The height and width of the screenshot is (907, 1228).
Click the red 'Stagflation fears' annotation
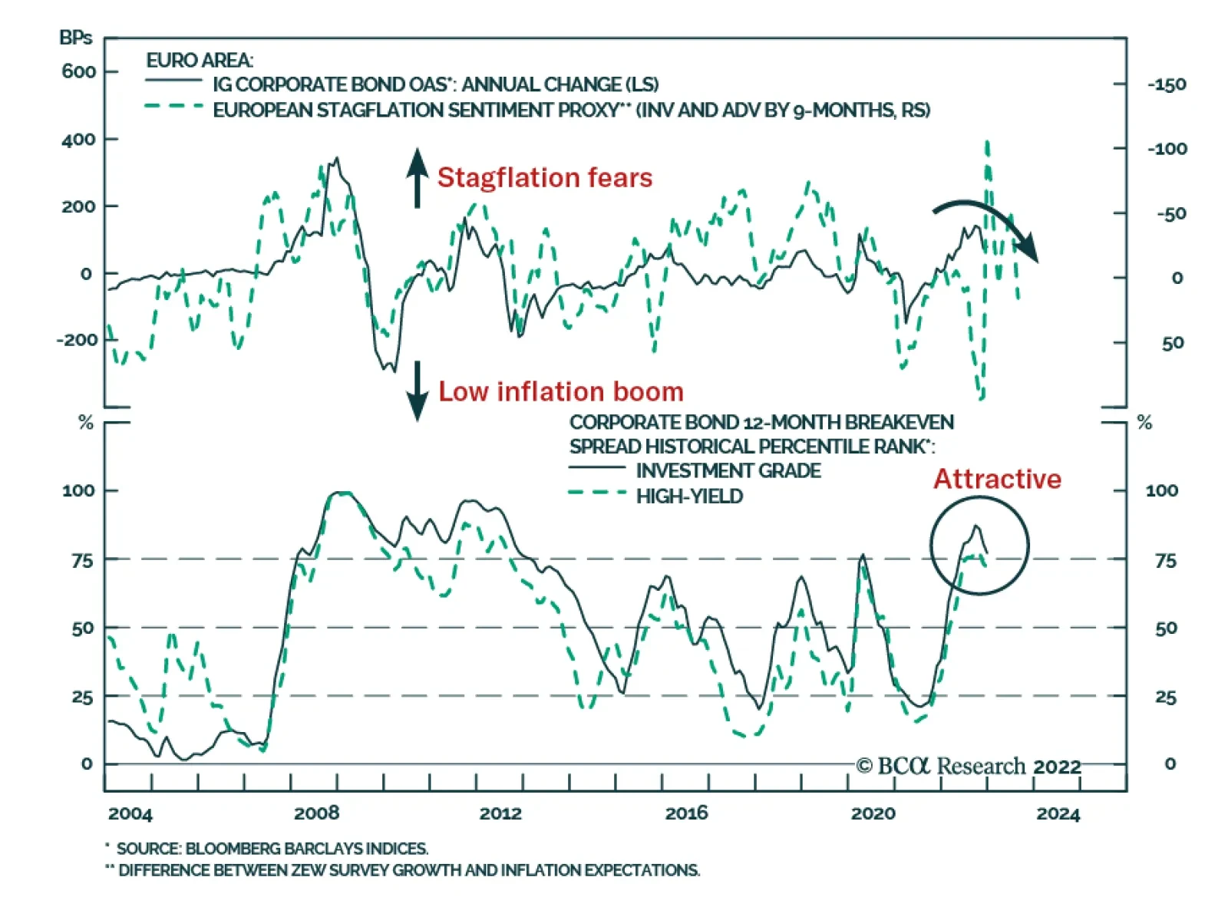pyautogui.click(x=544, y=177)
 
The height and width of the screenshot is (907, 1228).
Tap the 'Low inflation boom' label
pyautogui.click(x=560, y=391)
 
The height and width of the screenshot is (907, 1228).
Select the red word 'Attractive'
pyautogui.click(x=996, y=479)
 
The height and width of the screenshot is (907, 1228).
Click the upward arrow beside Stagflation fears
pyautogui.click(x=417, y=177)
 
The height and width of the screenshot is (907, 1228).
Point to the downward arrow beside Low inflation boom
pyautogui.click(x=417, y=391)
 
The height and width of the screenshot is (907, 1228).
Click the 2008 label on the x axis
pyautogui.click(x=316, y=813)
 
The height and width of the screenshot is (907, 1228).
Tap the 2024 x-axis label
pyautogui.click(x=1058, y=813)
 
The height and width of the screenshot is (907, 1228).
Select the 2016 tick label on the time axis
pyautogui.click(x=686, y=813)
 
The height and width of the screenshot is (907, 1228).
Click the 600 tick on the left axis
pyautogui.click(x=79, y=71)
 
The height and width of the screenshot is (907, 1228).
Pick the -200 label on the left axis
pyautogui.click(x=77, y=340)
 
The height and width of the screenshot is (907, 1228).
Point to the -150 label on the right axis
pyautogui.click(x=1167, y=84)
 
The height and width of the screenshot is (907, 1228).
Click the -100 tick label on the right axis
pyautogui.click(x=1167, y=149)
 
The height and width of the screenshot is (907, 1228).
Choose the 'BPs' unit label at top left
pyautogui.click(x=75, y=38)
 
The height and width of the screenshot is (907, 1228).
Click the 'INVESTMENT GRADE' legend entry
pyautogui.click(x=728, y=470)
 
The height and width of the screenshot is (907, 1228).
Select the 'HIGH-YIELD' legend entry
pyautogui.click(x=689, y=496)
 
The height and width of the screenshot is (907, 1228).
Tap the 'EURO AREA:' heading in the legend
pyautogui.click(x=200, y=60)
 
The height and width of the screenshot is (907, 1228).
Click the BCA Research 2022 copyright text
pyautogui.click(x=969, y=766)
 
